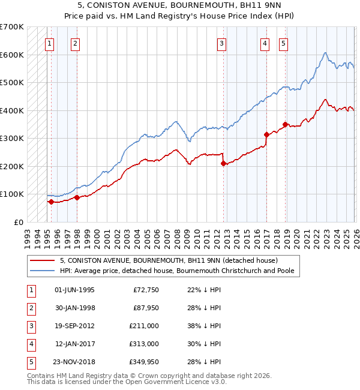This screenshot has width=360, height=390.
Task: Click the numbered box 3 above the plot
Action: [221, 43]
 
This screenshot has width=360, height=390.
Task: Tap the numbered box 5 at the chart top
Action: [283, 43]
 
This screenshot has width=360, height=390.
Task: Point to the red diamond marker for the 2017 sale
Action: [266, 134]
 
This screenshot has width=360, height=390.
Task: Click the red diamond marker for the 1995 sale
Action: [51, 202]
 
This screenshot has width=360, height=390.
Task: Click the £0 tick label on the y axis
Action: [18, 222]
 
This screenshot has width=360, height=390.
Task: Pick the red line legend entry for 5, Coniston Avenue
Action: [168, 261]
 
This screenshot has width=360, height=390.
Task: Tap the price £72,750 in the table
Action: [145, 290]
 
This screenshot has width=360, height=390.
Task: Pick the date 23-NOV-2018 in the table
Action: [74, 362]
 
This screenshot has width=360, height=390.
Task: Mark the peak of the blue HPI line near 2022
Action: [325, 53]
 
